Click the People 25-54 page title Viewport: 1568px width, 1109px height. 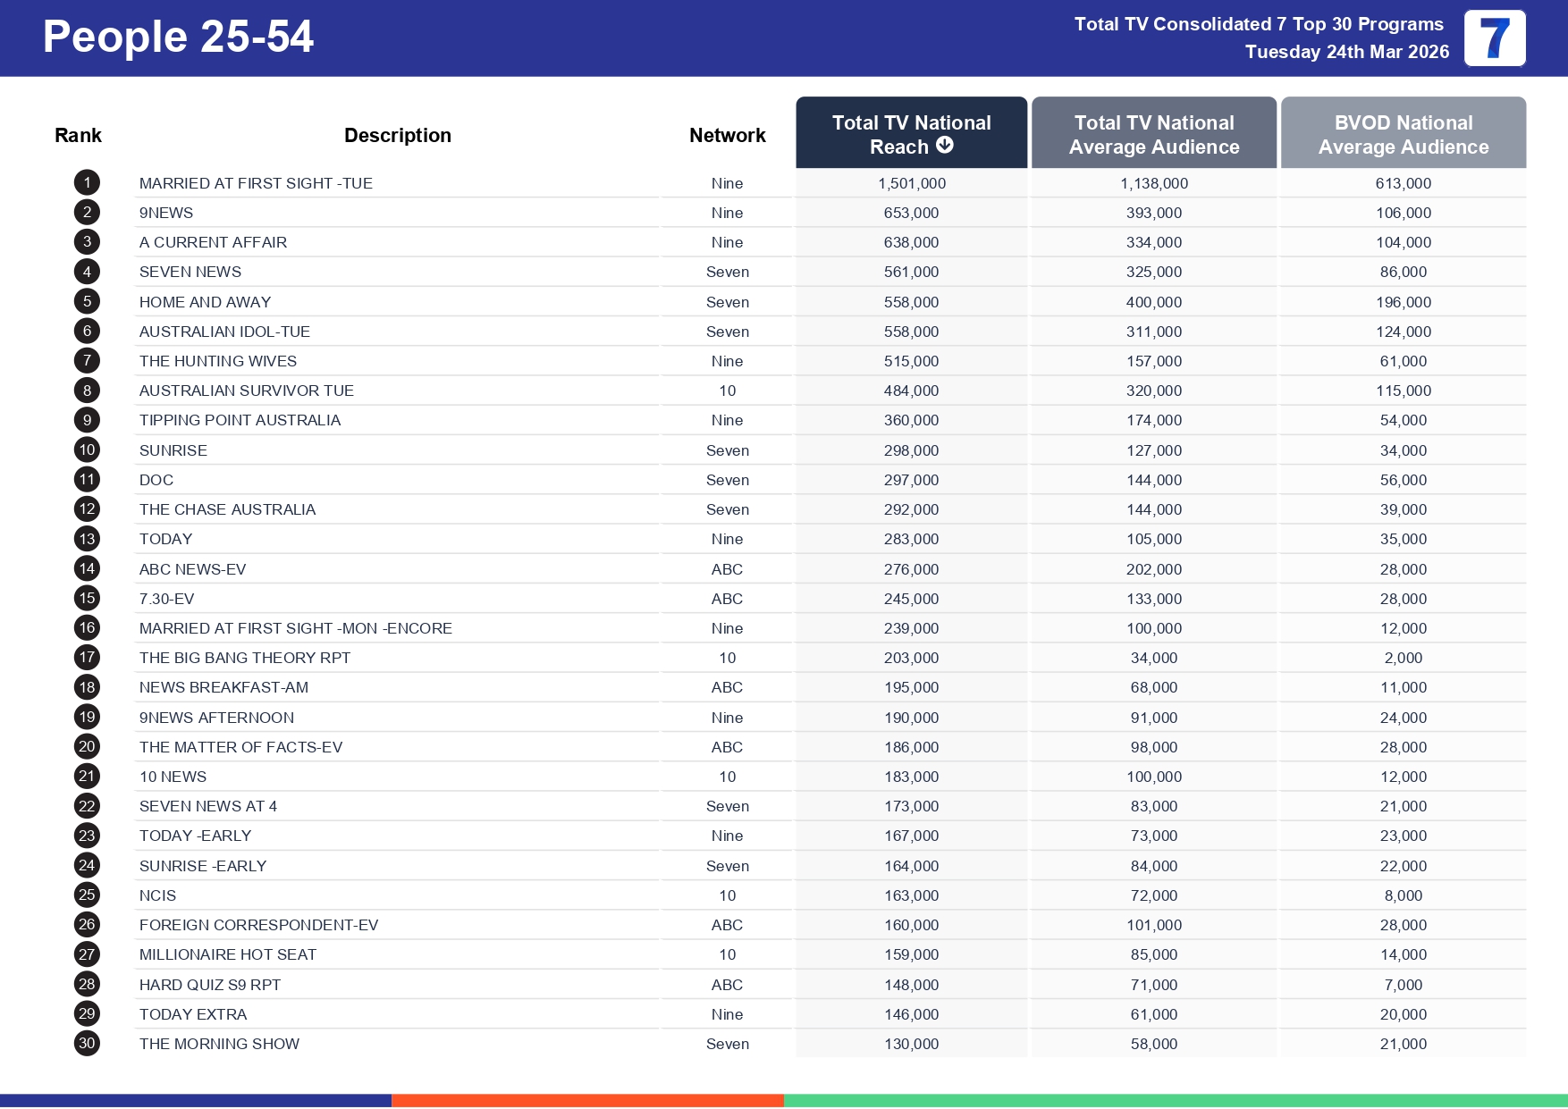click(x=178, y=38)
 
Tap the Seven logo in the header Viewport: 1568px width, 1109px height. click(x=1494, y=38)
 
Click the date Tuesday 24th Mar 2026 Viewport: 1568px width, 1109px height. click(x=1346, y=52)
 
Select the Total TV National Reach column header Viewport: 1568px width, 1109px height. click(x=911, y=133)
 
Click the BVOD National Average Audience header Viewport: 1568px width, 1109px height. click(x=1403, y=134)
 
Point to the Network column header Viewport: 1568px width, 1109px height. click(x=727, y=135)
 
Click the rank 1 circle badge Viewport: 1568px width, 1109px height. click(x=87, y=183)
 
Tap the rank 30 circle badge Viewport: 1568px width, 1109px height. click(x=87, y=1043)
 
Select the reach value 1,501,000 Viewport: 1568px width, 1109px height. click(x=911, y=183)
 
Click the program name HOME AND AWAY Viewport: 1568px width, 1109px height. click(x=205, y=302)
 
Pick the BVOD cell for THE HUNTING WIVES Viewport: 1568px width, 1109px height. click(x=1403, y=361)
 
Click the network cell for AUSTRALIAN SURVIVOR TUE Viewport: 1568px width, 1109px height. click(x=727, y=391)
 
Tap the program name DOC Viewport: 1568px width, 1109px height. click(x=156, y=480)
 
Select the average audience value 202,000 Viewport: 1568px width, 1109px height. click(x=1153, y=569)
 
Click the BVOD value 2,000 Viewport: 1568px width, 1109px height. click(x=1403, y=658)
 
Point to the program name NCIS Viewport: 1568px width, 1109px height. click(x=157, y=895)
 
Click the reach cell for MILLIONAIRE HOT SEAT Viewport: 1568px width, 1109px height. click(x=911, y=954)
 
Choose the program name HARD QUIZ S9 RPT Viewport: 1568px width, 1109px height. click(x=210, y=985)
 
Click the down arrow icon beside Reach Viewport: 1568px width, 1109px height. click(x=945, y=145)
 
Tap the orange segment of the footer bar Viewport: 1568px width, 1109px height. click(x=587, y=1101)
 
